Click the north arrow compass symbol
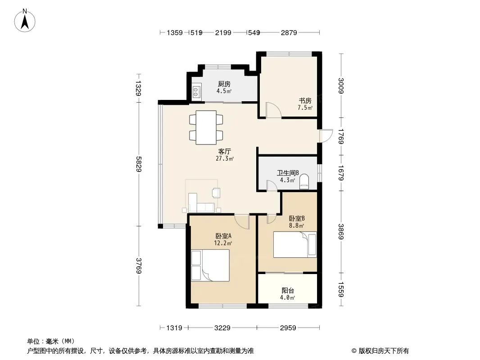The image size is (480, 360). pyautogui.click(x=25, y=21)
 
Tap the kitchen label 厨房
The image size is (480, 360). pyautogui.click(x=224, y=84)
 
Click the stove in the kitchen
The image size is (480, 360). pyautogui.click(x=196, y=91)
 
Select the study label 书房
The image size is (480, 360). pyautogui.click(x=305, y=100)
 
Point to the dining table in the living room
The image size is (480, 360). pyautogui.click(x=206, y=127)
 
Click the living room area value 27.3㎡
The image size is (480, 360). pyautogui.click(x=225, y=158)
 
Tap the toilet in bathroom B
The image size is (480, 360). pyautogui.click(x=304, y=181)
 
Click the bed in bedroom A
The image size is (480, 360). pyautogui.click(x=210, y=265)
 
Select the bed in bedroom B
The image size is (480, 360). pyautogui.click(x=295, y=245)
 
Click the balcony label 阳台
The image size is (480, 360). pyautogui.click(x=288, y=290)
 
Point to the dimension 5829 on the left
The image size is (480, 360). pyautogui.click(x=139, y=164)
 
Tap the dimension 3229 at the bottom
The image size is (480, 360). pyautogui.click(x=222, y=328)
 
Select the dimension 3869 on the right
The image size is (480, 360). pyautogui.click(x=341, y=232)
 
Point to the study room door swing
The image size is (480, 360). pyautogui.click(x=273, y=110)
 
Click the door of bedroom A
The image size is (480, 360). pyautogui.click(x=242, y=222)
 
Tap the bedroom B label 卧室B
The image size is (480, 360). pyautogui.click(x=297, y=218)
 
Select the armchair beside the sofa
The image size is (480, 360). pyautogui.click(x=216, y=193)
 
